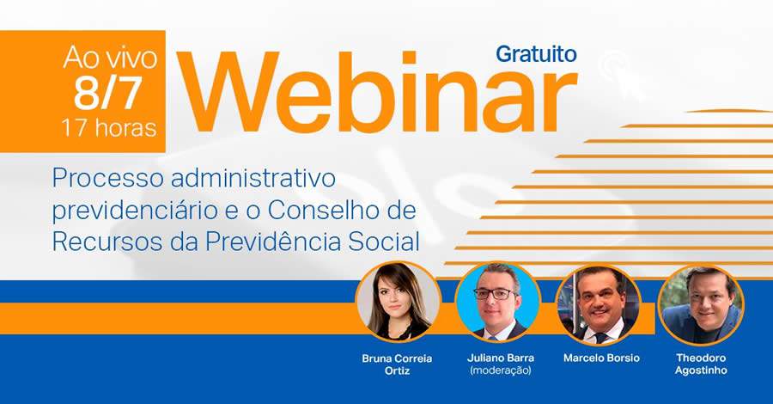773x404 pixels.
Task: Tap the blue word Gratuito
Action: tap(535, 53)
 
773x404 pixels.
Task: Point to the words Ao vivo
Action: tap(110, 59)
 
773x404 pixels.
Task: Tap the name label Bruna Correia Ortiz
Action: tap(397, 364)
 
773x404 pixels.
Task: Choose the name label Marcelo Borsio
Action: tap(601, 358)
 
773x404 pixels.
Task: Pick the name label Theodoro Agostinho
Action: tap(701, 364)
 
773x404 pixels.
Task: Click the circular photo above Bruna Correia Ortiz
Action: tap(398, 302)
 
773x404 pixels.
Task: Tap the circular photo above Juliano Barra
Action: tap(498, 302)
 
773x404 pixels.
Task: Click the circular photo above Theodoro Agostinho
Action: tap(701, 302)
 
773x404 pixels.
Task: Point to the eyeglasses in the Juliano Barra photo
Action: tap(496, 294)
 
